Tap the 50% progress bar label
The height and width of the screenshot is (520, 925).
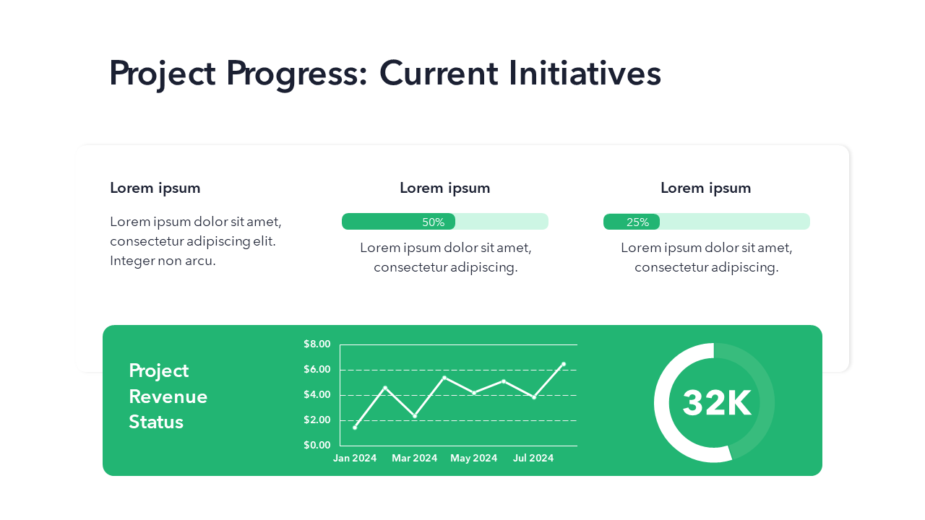point(433,222)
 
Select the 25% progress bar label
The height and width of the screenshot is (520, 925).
point(637,222)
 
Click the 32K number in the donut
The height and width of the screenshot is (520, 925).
point(716,403)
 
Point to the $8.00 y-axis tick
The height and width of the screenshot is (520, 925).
point(317,344)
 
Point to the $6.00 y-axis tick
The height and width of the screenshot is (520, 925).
point(317,370)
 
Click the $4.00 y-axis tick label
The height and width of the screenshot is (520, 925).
point(317,395)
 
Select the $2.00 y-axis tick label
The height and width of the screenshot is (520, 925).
point(317,420)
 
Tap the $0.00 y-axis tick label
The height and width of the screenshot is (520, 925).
point(317,445)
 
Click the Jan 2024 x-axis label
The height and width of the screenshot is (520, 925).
point(355,458)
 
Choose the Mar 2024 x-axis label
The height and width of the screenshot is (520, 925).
point(414,458)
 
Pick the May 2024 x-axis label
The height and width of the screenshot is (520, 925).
point(473,458)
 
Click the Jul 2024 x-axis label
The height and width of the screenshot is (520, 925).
point(533,458)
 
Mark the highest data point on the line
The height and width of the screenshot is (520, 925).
point(563,364)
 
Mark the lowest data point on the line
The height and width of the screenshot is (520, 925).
point(355,428)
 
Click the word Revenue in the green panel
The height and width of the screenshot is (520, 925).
point(168,396)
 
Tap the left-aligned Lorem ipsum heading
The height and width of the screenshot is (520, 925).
point(155,188)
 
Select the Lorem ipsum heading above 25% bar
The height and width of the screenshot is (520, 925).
point(705,188)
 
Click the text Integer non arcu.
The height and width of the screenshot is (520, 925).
point(163,261)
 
